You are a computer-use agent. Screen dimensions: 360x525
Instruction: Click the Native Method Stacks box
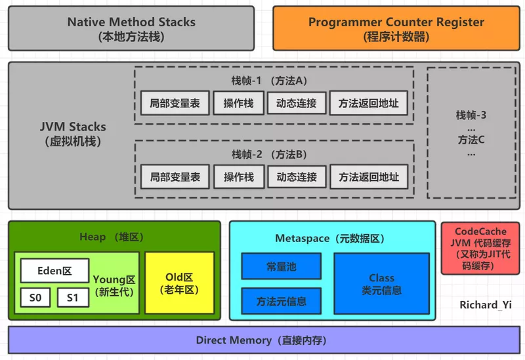[x=131, y=29]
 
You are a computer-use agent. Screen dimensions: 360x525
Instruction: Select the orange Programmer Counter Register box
[x=396, y=29]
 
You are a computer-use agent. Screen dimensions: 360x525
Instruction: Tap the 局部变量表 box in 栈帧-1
[x=175, y=103]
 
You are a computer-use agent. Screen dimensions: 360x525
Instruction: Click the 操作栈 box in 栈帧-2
[x=238, y=176]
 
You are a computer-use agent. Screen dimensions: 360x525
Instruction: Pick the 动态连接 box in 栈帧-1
[x=297, y=103]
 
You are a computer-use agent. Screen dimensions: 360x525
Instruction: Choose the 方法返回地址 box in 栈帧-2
[x=368, y=176]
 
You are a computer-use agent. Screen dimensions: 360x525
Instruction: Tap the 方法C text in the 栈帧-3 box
[x=471, y=140]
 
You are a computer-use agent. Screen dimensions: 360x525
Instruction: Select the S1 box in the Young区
[x=73, y=298]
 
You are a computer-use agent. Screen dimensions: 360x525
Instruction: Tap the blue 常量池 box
[x=281, y=266]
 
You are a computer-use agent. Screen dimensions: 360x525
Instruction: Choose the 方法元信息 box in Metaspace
[x=281, y=302]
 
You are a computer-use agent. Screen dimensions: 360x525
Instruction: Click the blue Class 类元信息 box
[x=381, y=283]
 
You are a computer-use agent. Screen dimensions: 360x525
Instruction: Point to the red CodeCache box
[x=480, y=249]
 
